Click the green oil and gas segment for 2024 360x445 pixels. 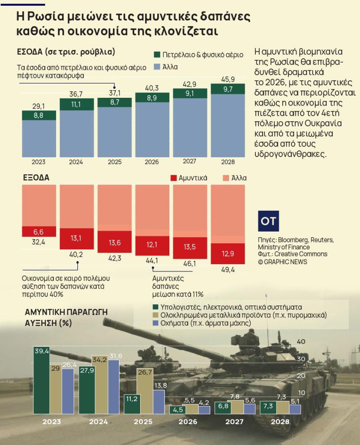pos(76,104)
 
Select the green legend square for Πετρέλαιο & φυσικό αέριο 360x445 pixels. pos(158,55)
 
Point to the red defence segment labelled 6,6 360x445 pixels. pos(39,231)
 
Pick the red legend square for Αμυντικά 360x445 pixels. pos(174,178)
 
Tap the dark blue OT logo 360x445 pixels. pos(268,221)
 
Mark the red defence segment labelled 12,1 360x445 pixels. pos(152,246)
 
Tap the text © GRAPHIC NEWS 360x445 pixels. pos(282,262)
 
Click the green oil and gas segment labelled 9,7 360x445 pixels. pos(228,89)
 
